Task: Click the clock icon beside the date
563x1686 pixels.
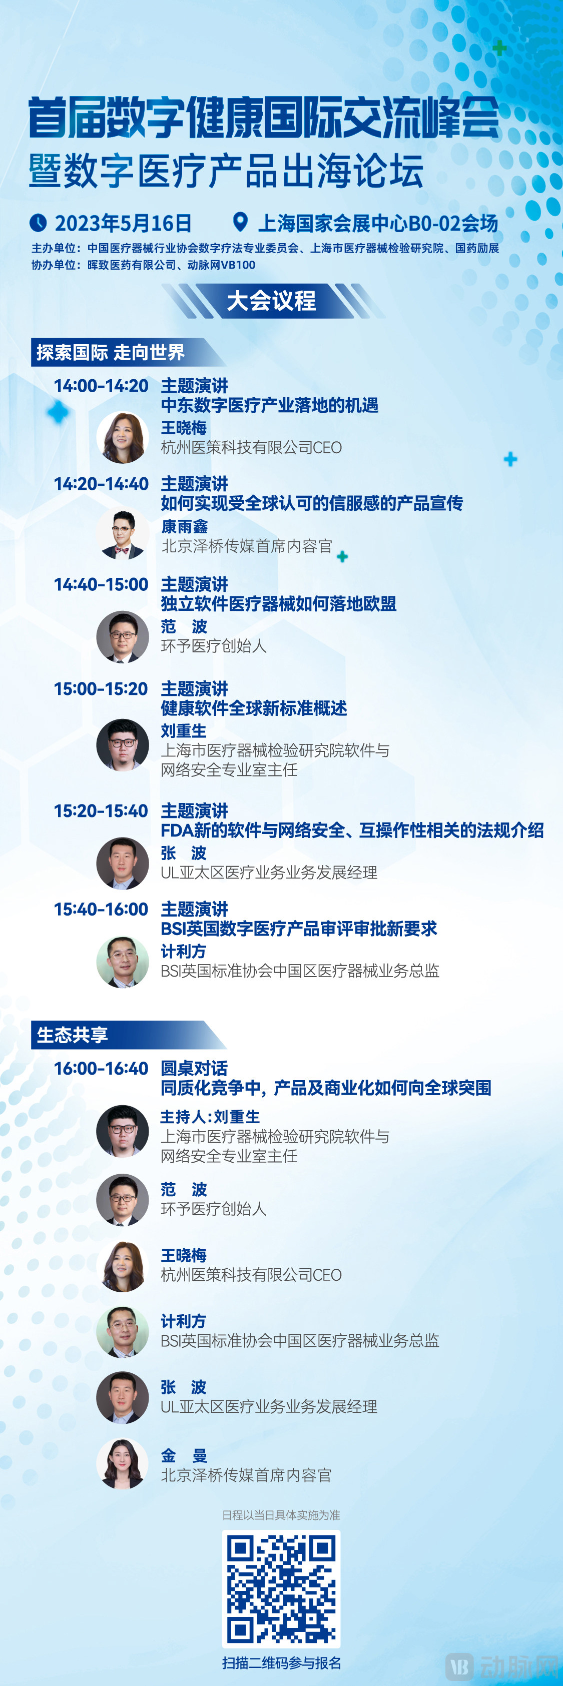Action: click(x=38, y=223)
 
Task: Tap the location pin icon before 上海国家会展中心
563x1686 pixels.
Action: click(x=241, y=223)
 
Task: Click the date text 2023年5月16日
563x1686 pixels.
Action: click(x=123, y=223)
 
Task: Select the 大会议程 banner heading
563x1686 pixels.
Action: click(x=272, y=301)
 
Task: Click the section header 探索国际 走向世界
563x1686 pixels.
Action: click(x=111, y=353)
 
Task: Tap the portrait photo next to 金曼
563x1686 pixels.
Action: click(x=123, y=1463)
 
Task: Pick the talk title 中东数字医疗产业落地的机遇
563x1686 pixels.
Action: click(x=270, y=405)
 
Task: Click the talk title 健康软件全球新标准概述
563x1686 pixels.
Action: click(x=254, y=708)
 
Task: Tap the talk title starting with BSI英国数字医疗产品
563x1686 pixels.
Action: click(x=299, y=929)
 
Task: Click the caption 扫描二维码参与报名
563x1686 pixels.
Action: click(x=281, y=1663)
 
